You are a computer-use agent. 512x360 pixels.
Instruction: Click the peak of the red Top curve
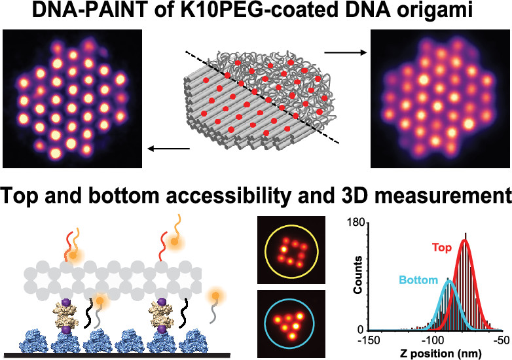click(466, 240)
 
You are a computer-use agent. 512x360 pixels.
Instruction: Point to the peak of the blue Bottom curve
click(449, 282)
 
